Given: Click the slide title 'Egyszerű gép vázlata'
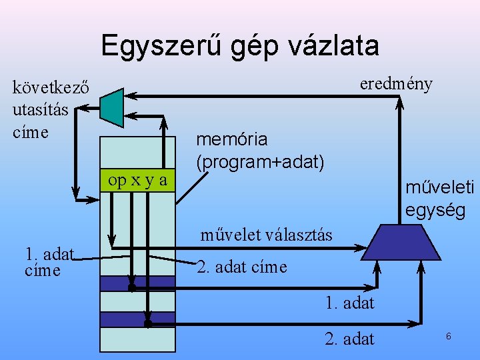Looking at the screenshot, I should pyautogui.click(x=240, y=45).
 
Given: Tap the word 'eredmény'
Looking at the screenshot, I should pyautogui.click(x=395, y=84).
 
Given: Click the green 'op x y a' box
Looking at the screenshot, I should pyautogui.click(x=137, y=180).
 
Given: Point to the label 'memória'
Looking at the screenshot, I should pyautogui.click(x=231, y=139).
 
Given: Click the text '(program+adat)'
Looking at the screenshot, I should pyautogui.click(x=260, y=161).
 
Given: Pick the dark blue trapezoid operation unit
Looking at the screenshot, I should pyautogui.click(x=400, y=241).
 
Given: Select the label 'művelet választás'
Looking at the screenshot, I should pyautogui.click(x=266, y=235).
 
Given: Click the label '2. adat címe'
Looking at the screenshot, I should pyautogui.click(x=242, y=267).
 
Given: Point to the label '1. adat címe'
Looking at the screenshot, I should pyautogui.click(x=49, y=261).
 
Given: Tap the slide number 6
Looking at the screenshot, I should pyautogui.click(x=449, y=337).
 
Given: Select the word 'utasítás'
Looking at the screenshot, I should pyautogui.click(x=40, y=109).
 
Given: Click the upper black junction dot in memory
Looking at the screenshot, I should pyautogui.click(x=132, y=288).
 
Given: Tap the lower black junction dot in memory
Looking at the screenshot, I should pyautogui.click(x=148, y=323).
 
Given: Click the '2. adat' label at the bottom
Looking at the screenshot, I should pyautogui.click(x=349, y=339).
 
